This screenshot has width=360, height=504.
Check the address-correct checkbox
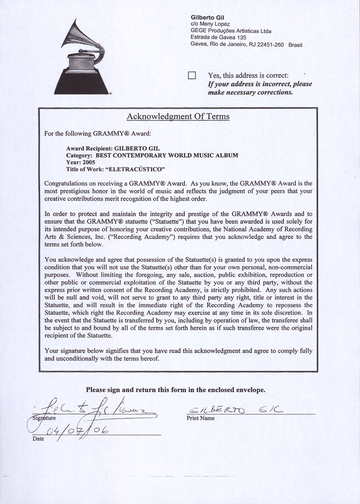(192, 76)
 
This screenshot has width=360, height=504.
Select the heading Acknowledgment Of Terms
(178, 116)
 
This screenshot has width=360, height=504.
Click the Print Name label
(201, 418)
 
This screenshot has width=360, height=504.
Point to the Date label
(38, 439)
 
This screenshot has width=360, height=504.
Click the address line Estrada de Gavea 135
(218, 38)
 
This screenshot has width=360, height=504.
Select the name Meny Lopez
(215, 24)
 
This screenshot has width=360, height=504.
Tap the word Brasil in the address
(295, 45)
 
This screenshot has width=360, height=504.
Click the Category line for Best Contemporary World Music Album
(152, 155)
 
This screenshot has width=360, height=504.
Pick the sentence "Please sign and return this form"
(176, 390)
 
